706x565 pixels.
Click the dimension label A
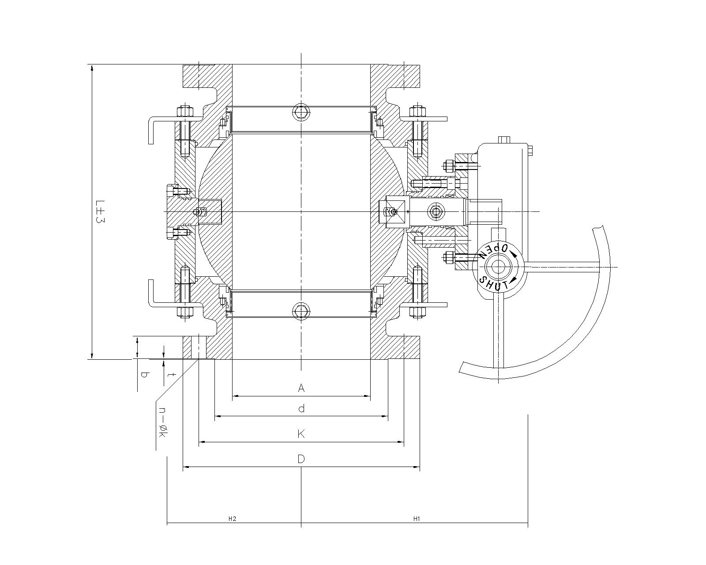[301, 388]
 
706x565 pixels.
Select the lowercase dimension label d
[301, 409]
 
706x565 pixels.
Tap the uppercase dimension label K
[301, 434]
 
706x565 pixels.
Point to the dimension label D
[301, 459]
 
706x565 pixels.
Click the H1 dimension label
[416, 519]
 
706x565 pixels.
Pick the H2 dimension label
[233, 519]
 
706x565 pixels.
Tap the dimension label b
[143, 375]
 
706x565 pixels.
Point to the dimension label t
[173, 375]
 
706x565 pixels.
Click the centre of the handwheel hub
[499, 267]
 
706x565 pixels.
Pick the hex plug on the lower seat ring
[301, 311]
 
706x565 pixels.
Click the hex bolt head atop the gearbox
[504, 140]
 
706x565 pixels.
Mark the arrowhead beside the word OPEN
[514, 253]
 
